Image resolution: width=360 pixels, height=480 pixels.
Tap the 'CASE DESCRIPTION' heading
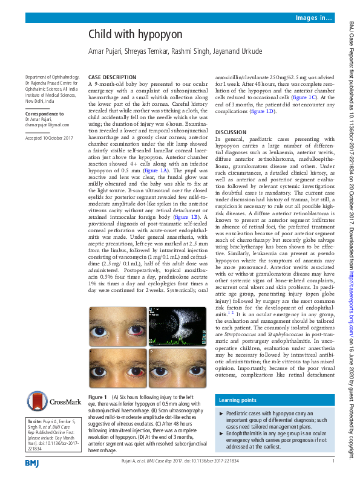coord(112,78)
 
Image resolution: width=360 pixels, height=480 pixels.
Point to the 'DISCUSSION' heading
coord(231,132)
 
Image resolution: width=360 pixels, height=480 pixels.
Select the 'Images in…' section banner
coord(313,19)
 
